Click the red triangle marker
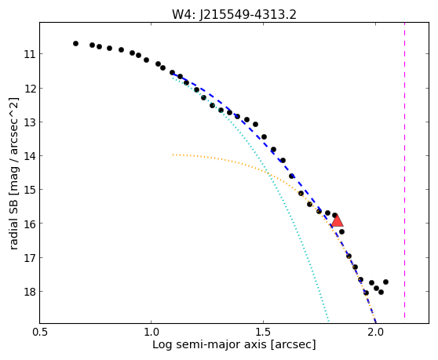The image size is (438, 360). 338,220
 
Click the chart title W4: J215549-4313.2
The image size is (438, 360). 234,15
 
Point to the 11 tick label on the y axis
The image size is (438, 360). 30,54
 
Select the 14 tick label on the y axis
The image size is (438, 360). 30,156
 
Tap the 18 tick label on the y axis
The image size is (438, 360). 30,292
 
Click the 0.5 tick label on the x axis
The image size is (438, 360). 40,332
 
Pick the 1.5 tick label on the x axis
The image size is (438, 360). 264,332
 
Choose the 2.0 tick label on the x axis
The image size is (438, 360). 376,332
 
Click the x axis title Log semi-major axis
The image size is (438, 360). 210,345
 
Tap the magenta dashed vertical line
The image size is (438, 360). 404,170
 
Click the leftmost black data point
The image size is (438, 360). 75,44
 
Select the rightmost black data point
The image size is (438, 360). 385,282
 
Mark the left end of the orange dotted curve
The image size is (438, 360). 173,155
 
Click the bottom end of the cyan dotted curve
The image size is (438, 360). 329,321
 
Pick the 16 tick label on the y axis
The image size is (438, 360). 30,224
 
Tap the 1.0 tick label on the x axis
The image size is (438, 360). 151,332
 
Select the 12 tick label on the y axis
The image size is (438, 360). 30,89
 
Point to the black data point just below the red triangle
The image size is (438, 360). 341,231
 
